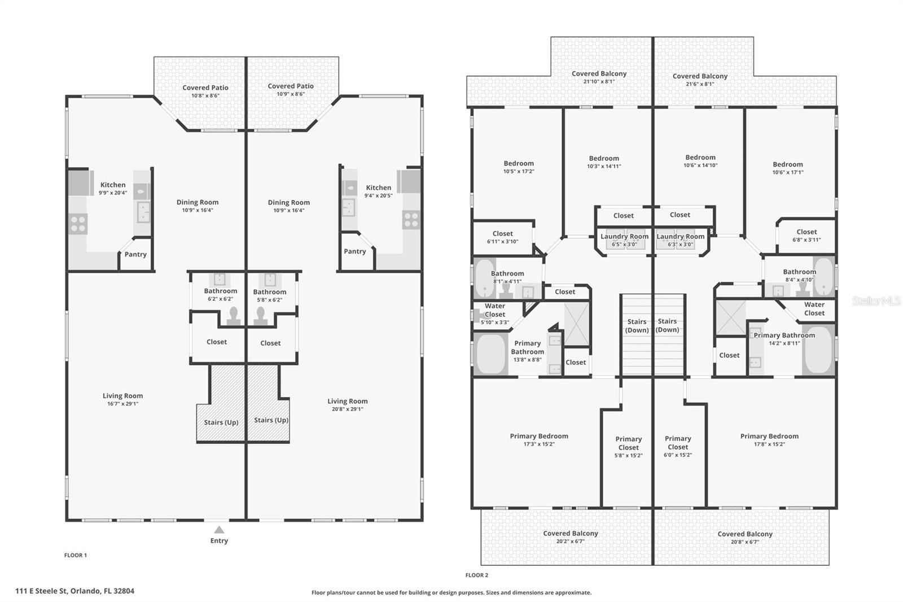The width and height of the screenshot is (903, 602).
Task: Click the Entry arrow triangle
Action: (219, 530)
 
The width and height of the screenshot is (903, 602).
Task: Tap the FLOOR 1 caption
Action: (76, 555)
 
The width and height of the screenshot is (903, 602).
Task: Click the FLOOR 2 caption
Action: (477, 575)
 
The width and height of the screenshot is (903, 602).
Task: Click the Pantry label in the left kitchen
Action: (135, 254)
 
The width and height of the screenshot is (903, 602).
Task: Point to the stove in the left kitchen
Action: (78, 224)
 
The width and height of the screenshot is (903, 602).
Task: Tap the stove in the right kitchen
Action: (411, 219)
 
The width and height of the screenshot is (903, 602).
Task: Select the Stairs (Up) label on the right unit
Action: (271, 420)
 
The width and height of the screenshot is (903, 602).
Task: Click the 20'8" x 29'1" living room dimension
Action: (347, 409)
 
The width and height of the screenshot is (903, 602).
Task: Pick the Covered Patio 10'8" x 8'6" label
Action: (205, 91)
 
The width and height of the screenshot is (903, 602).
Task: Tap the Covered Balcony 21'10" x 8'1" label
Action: (599, 77)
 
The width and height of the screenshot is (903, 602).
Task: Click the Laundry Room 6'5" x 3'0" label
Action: (624, 240)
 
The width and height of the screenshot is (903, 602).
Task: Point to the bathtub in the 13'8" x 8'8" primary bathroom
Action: (490, 354)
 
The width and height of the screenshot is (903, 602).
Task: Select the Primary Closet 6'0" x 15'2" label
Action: (678, 446)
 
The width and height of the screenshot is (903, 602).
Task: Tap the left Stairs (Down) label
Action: (637, 326)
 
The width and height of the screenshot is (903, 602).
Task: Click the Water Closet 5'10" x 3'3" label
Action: (495, 314)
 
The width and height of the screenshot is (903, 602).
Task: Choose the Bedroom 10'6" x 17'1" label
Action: (788, 168)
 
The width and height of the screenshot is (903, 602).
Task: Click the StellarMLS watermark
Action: (876, 302)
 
